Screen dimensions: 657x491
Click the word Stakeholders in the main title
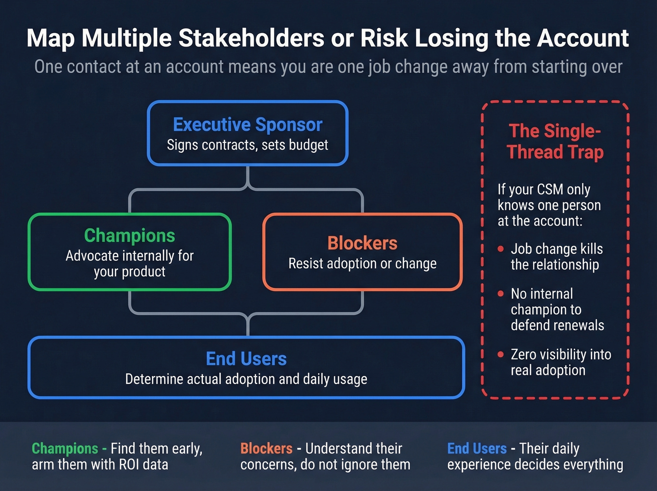pos(251,39)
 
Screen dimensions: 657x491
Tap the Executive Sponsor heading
pos(248,125)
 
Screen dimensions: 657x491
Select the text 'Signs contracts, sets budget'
pos(247,145)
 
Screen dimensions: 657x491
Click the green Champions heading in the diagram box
pos(130,235)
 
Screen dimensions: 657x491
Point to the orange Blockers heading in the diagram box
pos(362,243)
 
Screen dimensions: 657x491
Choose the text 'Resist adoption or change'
pos(362,264)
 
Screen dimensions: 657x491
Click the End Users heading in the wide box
pos(246,359)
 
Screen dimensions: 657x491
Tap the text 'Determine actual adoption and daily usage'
pos(246,379)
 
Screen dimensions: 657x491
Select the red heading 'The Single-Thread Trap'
pos(555,141)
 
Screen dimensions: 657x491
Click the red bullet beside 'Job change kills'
pos(500,249)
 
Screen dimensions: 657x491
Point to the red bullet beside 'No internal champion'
pos(500,294)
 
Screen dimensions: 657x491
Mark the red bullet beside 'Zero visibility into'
pos(500,354)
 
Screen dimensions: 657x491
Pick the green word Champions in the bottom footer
pos(65,448)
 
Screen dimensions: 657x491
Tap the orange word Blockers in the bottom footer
pos(267,448)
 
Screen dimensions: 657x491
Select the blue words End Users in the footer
pos(477,448)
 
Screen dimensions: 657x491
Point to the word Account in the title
pos(582,39)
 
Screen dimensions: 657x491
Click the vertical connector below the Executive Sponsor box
pos(248,177)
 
